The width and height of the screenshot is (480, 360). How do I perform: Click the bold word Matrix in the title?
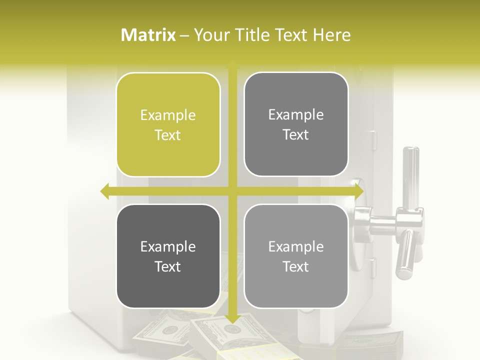pyautogui.click(x=148, y=35)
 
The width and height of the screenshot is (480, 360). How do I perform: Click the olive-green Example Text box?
pyautogui.click(x=168, y=125)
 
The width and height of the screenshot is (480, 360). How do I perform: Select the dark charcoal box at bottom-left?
pyautogui.click(x=168, y=256)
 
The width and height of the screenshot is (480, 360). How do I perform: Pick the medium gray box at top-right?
pyautogui.click(x=296, y=124)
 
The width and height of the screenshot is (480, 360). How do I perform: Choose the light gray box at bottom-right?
pyautogui.click(x=296, y=256)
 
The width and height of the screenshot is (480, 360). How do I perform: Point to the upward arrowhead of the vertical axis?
pyautogui.click(x=232, y=65)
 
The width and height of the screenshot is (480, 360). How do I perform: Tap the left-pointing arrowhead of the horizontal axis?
pyautogui.click(x=105, y=191)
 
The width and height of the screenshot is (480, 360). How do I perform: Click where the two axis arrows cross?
pyautogui.click(x=232, y=191)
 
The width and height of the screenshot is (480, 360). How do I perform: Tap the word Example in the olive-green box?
pyautogui.click(x=168, y=115)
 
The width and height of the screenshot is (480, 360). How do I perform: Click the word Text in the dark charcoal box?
pyautogui.click(x=168, y=266)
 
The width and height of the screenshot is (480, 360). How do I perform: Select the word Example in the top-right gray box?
pyautogui.click(x=296, y=115)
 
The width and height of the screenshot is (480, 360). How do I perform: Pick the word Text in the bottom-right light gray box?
pyautogui.click(x=296, y=266)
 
